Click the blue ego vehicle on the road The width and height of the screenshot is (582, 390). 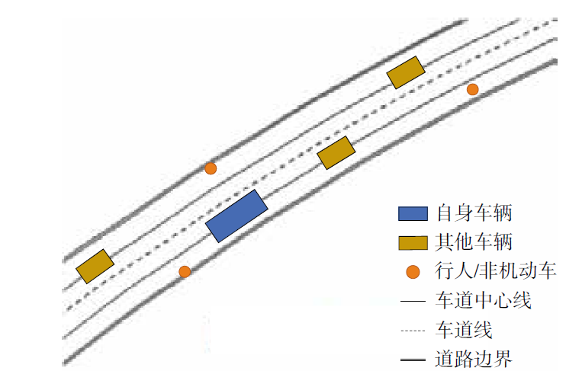point(236,216)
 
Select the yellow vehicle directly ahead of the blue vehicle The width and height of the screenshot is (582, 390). point(336,153)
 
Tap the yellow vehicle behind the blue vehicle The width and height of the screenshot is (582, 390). point(95,266)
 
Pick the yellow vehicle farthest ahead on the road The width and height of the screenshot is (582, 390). point(406,72)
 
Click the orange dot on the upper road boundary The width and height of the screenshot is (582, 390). point(211,168)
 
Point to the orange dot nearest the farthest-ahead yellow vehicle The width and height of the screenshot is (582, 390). point(472,89)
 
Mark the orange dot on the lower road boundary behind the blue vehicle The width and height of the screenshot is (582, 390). point(185,272)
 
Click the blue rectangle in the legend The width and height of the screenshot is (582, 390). point(413,213)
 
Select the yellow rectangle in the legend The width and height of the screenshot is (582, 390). point(413,243)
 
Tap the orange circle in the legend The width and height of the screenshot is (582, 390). point(413,272)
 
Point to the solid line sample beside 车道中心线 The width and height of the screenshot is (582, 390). point(413,301)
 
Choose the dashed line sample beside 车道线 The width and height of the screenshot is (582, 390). point(413,331)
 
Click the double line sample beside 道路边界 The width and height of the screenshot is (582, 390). point(413,360)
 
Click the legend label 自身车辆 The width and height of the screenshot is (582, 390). point(474,213)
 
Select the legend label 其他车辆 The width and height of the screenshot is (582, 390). point(474,241)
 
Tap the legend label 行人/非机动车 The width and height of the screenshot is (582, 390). point(495,270)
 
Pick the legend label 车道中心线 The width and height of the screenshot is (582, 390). point(484,300)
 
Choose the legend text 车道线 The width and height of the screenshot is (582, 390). point(464,329)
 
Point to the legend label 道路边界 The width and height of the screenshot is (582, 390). point(474,359)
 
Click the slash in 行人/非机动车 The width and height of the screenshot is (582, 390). point(477,270)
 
